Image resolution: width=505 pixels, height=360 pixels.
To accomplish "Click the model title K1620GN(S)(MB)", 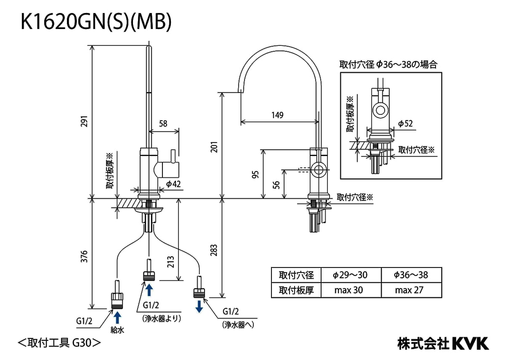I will (x=96, y=23).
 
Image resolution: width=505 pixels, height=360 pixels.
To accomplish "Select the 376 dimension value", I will (x=84, y=256).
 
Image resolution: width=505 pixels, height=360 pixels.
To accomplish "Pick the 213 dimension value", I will (x=170, y=262).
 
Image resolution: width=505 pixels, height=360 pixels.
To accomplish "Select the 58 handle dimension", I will (x=163, y=124).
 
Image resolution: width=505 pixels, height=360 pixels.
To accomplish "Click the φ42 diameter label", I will (x=173, y=184).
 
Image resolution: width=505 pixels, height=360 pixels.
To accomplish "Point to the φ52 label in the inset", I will (x=405, y=124).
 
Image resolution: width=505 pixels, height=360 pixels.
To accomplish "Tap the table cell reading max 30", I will (x=349, y=290).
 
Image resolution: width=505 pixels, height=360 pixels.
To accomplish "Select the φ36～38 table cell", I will (x=411, y=275).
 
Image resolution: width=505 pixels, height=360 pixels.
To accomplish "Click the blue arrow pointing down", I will (x=199, y=306).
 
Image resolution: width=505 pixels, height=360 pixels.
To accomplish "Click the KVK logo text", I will (x=470, y=343).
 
